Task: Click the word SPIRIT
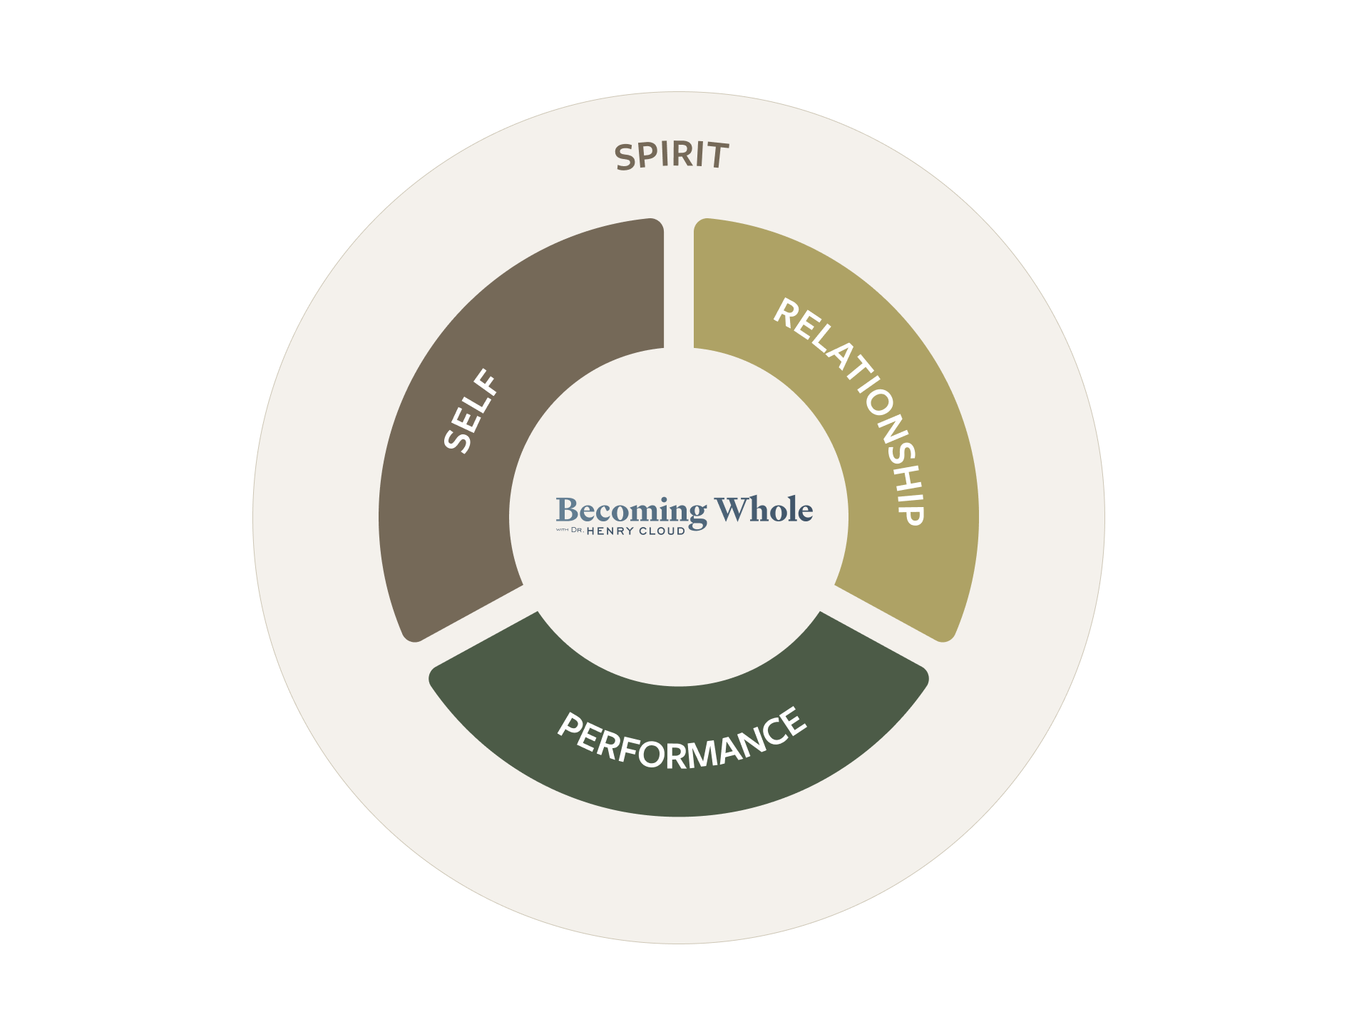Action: click(x=672, y=155)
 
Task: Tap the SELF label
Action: click(x=471, y=411)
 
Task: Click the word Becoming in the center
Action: click(x=631, y=511)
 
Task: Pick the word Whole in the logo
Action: click(x=764, y=509)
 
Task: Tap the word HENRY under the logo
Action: click(x=610, y=531)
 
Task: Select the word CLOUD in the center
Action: click(x=662, y=531)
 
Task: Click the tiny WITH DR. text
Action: click(x=570, y=530)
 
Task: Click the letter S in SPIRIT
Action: click(x=625, y=158)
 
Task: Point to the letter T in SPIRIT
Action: click(x=718, y=155)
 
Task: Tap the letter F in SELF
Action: click(x=488, y=382)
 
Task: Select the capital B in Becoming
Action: click(x=567, y=510)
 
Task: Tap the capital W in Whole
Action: click(x=729, y=509)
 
